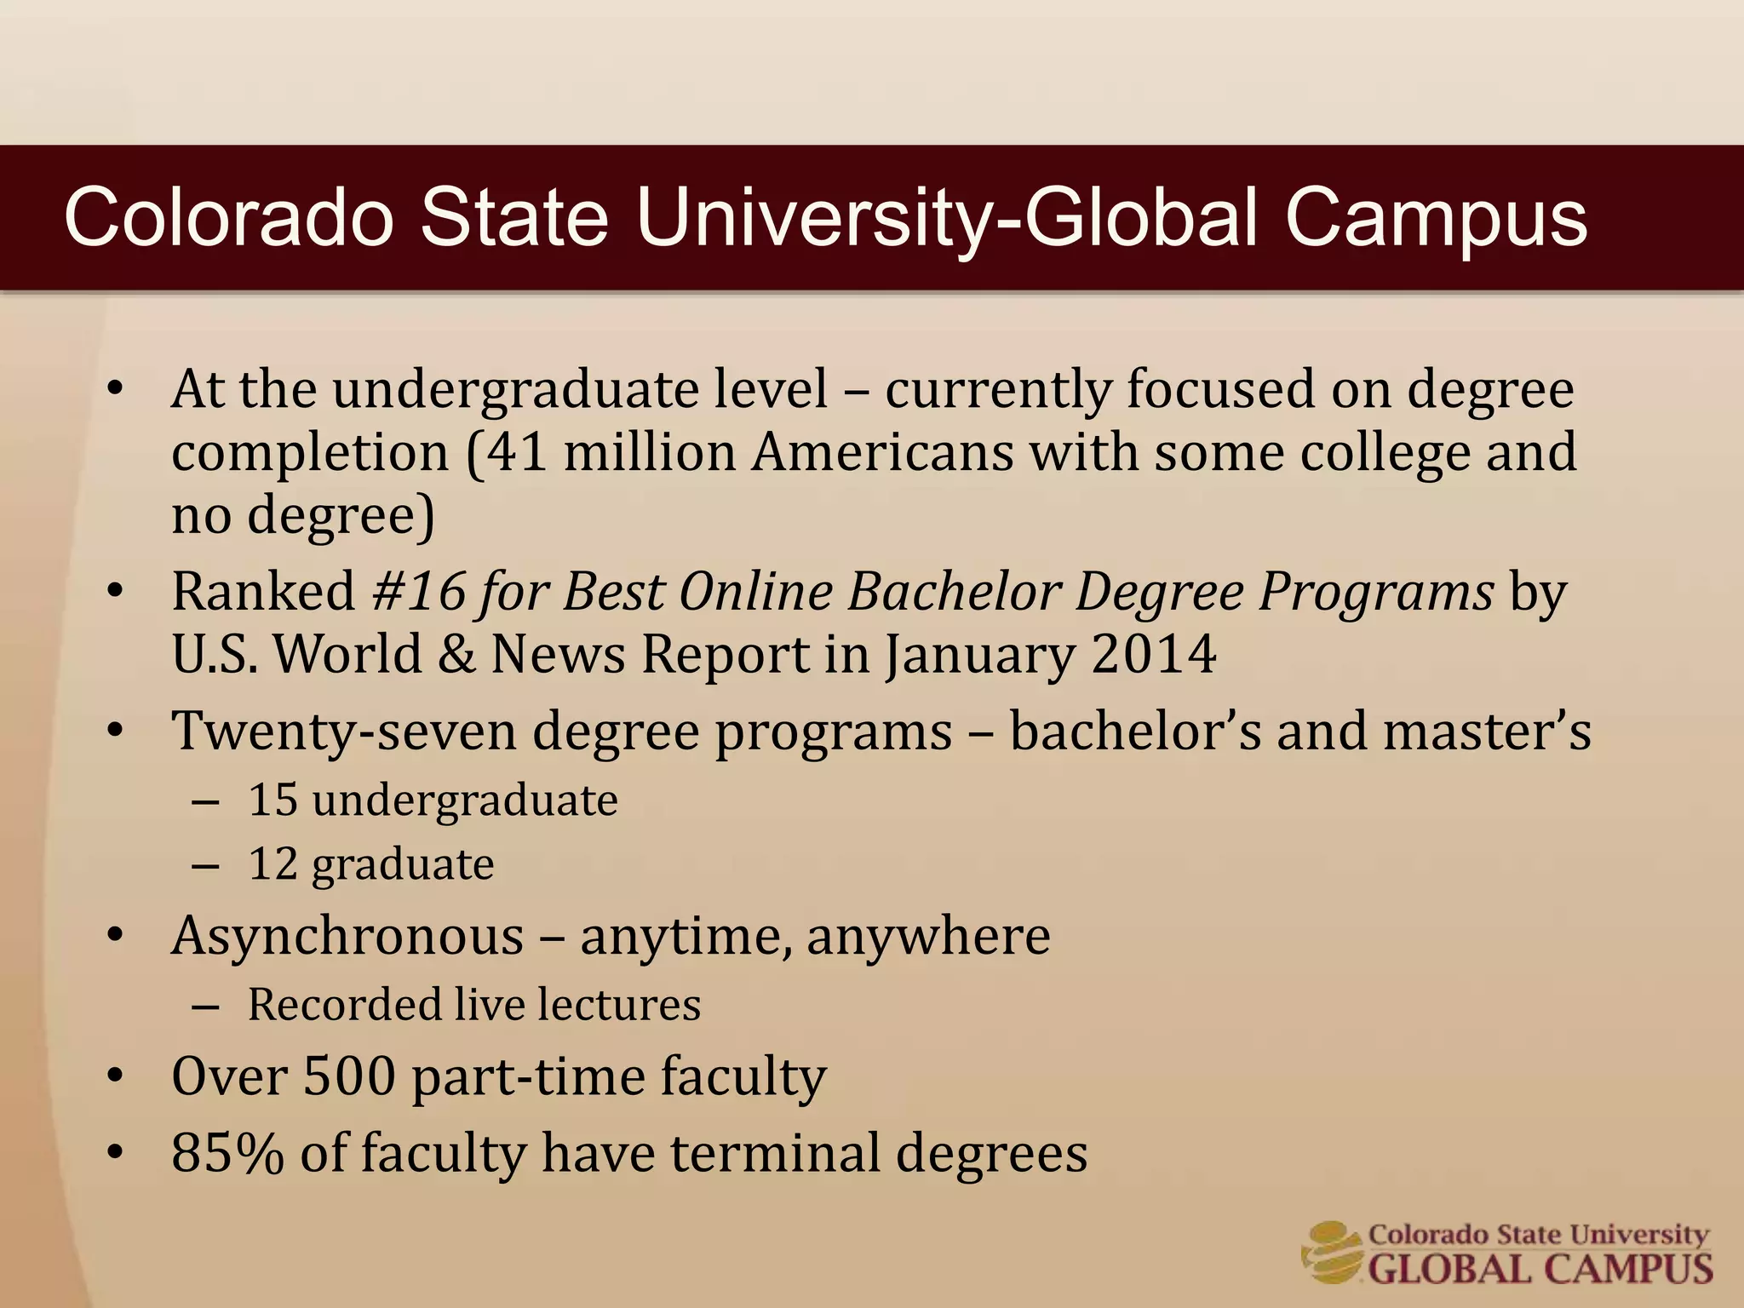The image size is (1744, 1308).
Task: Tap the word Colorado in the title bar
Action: pyautogui.click(x=229, y=219)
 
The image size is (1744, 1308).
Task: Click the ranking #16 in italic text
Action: pyautogui.click(x=420, y=591)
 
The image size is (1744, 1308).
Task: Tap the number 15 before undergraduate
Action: pyautogui.click(x=272, y=800)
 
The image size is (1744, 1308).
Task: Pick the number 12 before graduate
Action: pyautogui.click(x=272, y=864)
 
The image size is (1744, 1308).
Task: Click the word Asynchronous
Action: pyautogui.click(x=347, y=937)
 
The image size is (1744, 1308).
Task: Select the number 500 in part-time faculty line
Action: pyautogui.click(x=349, y=1076)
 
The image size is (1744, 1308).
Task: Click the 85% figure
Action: pyautogui.click(x=227, y=1153)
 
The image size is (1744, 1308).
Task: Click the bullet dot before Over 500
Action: pyautogui.click(x=116, y=1076)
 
